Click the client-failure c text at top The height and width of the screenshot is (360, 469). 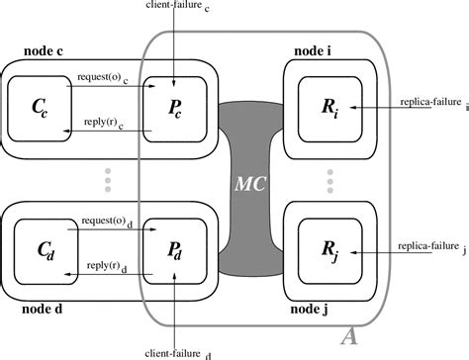tap(173, 9)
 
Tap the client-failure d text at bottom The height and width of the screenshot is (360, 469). tap(174, 349)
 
